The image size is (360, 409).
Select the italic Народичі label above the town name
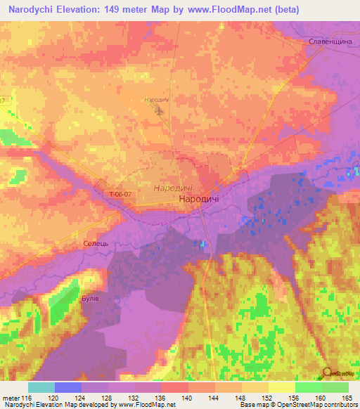pos(173,188)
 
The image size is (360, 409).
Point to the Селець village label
pos(95,242)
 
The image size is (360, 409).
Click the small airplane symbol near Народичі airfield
pos(160,110)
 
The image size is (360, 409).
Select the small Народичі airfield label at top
pos(155,100)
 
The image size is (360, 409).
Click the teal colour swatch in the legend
pos(41,387)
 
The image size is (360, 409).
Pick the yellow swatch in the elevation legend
pos(281,387)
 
